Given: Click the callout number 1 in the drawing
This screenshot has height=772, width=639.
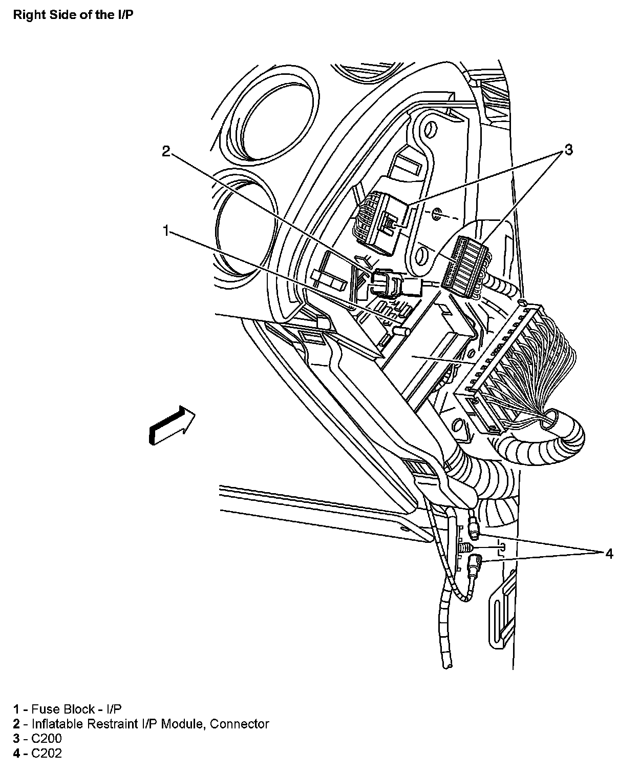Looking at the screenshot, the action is pos(165,231).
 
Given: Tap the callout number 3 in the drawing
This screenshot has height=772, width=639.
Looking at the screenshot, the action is pos(568,150).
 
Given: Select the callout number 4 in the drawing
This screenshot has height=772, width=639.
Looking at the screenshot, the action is pos(608,553).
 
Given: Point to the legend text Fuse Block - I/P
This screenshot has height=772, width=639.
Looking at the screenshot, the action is pos(77,709).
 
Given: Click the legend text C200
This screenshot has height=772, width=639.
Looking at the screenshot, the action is pos(47,739).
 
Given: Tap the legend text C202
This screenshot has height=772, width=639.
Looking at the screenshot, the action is pos(47,754).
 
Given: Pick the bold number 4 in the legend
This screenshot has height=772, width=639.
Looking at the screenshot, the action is pos(17,754).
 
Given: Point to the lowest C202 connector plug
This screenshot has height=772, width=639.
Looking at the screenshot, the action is pos(474,566).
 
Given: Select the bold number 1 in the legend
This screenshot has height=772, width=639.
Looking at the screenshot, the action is pos(17,709).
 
